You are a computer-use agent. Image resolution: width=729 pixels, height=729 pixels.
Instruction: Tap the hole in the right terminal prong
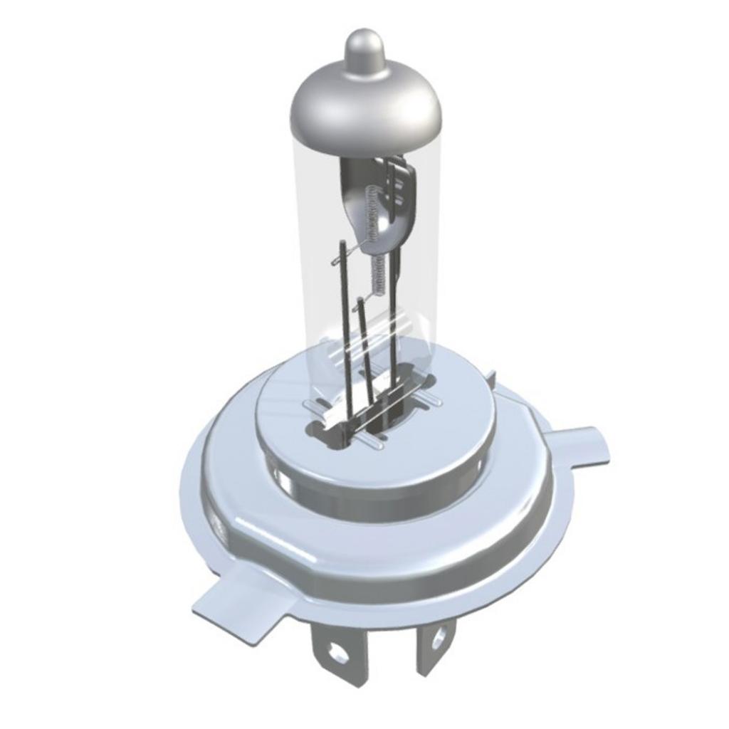coord(437,638)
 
